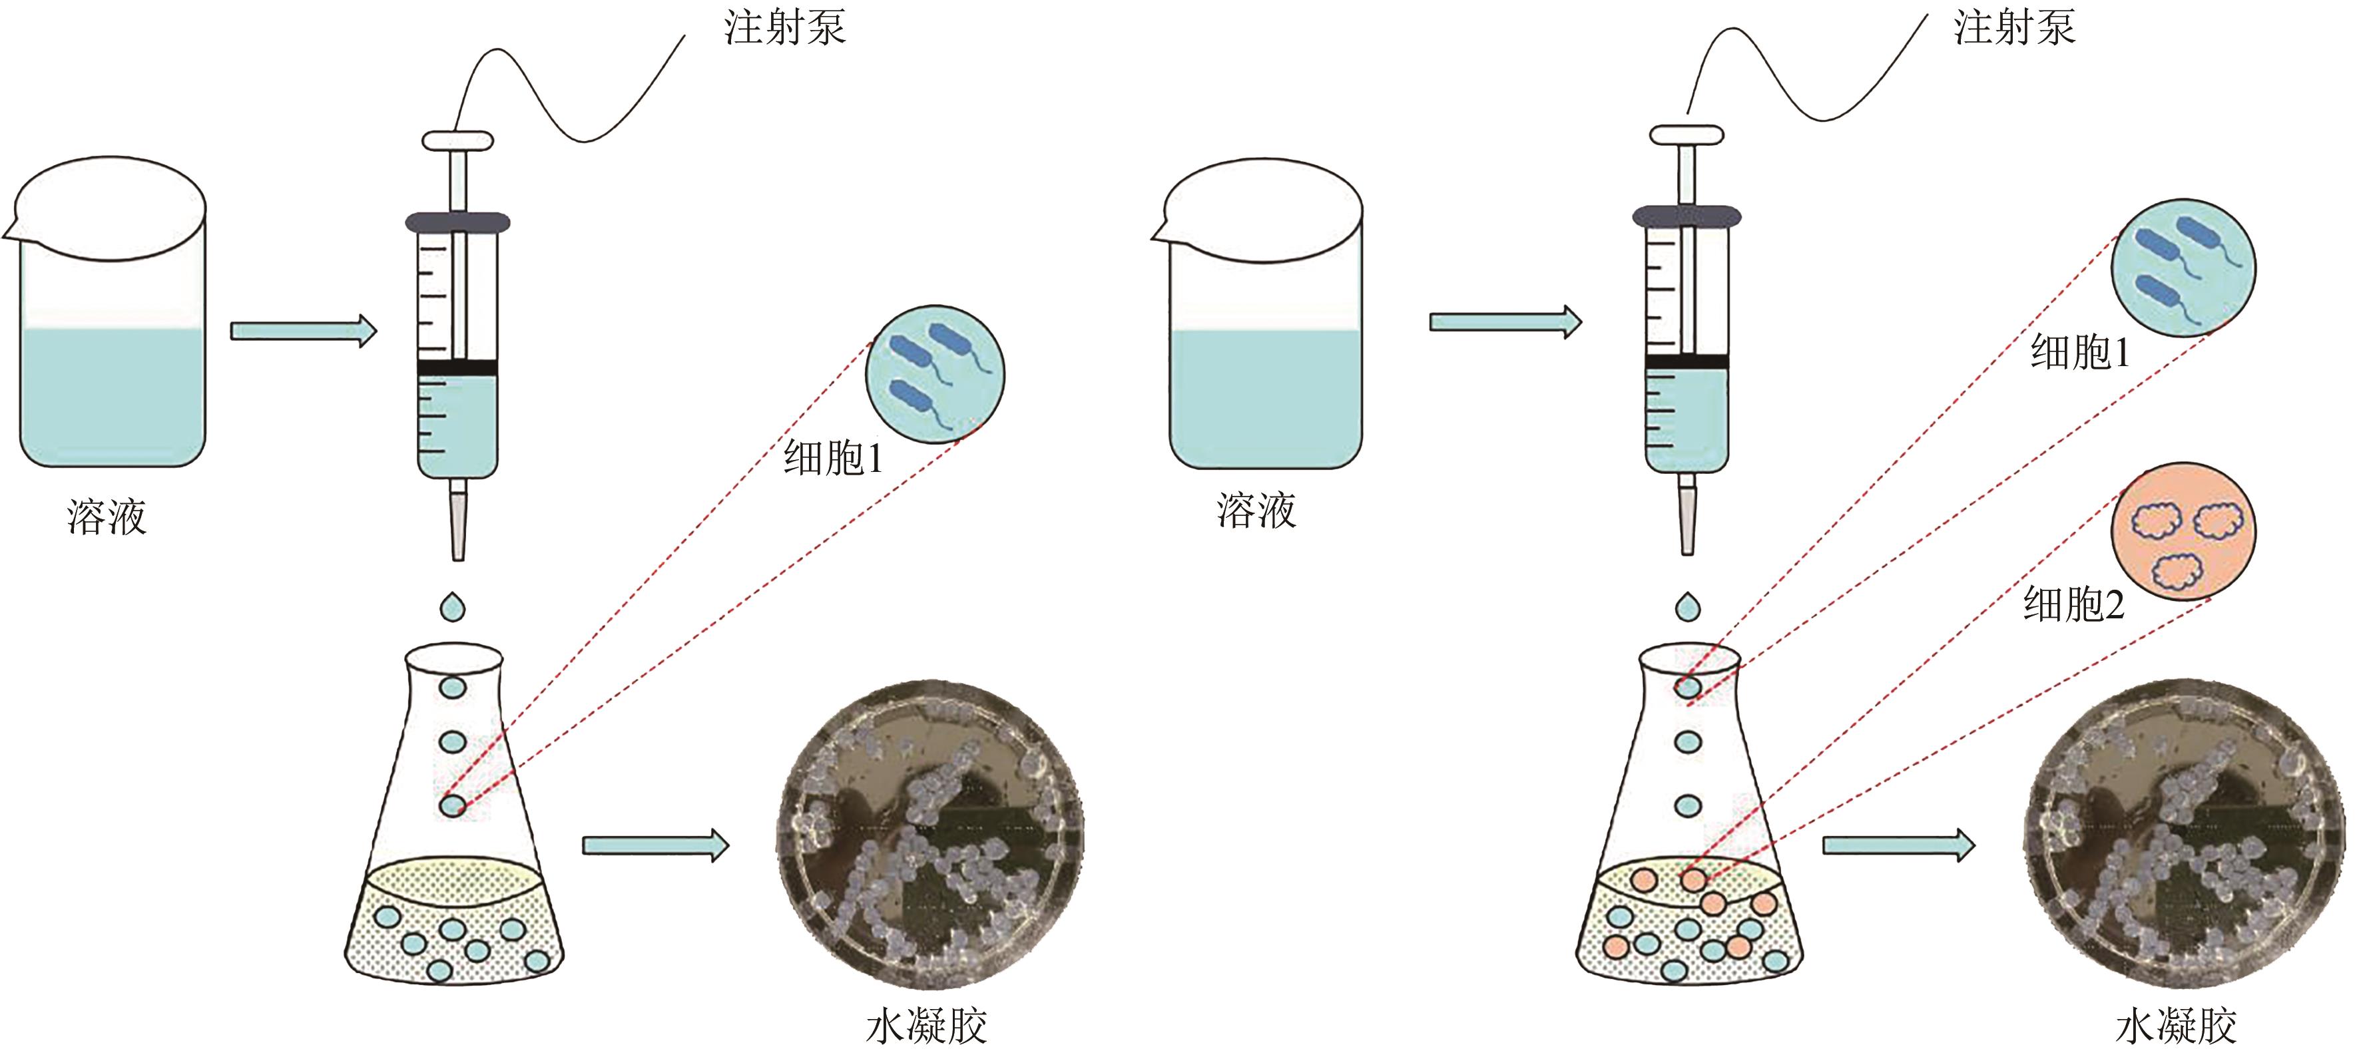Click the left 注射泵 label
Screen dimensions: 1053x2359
click(785, 27)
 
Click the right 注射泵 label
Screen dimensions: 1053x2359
click(2015, 27)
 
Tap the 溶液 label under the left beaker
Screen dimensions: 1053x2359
click(107, 517)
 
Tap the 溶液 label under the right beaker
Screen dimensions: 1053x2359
click(1256, 511)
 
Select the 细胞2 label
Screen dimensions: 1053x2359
click(2073, 605)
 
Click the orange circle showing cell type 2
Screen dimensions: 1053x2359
click(2183, 531)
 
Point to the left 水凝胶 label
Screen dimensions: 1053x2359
click(926, 1026)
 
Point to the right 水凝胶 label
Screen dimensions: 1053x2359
click(2176, 1026)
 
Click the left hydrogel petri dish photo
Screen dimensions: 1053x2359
click(929, 833)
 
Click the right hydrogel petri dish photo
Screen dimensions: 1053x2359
click(2183, 833)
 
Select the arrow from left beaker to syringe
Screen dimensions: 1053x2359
click(303, 331)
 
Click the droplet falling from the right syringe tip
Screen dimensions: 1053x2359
click(1688, 606)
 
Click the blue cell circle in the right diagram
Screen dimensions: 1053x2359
click(2183, 268)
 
